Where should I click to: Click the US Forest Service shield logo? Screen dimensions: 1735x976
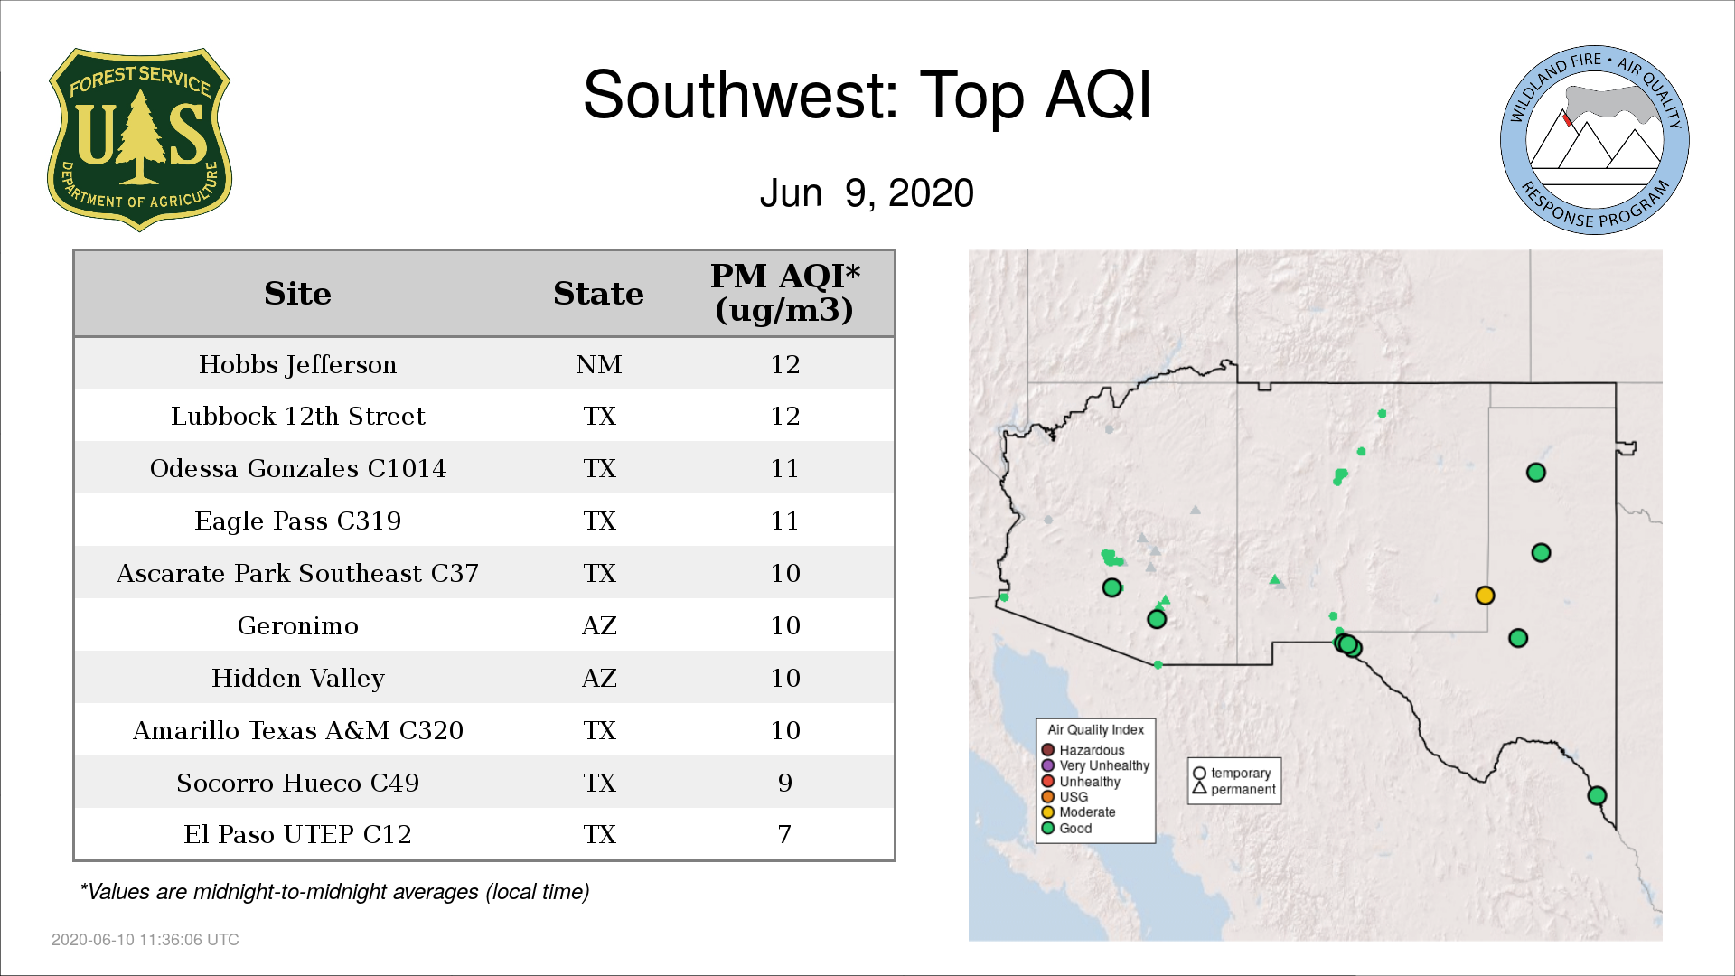(x=139, y=140)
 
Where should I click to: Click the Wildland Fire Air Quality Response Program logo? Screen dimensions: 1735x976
(x=1595, y=140)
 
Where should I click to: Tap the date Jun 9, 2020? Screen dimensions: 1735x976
(x=867, y=193)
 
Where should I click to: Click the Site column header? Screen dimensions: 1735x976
(x=297, y=294)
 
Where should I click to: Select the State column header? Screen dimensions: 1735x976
(x=598, y=294)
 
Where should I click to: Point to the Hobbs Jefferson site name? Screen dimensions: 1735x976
(x=297, y=364)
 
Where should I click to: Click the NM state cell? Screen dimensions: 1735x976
(x=599, y=364)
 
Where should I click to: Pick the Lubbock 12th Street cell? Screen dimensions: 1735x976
(x=297, y=416)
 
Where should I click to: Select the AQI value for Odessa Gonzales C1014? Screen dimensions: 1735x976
(x=784, y=468)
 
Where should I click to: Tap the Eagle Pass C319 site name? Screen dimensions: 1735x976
(x=297, y=521)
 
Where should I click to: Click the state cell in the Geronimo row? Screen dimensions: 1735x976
(x=599, y=625)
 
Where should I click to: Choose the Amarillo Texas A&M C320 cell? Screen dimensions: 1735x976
(x=297, y=730)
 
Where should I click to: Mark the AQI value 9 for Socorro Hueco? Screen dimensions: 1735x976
(x=784, y=783)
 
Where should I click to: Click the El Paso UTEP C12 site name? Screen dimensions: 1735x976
(x=297, y=834)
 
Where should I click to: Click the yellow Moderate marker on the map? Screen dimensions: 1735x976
(x=1485, y=596)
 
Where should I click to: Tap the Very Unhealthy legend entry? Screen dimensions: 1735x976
(x=1095, y=765)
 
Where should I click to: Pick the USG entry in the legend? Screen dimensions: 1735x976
(x=1064, y=797)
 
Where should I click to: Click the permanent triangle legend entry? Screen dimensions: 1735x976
(x=1233, y=789)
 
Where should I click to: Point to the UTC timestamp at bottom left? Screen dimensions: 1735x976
(x=145, y=940)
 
